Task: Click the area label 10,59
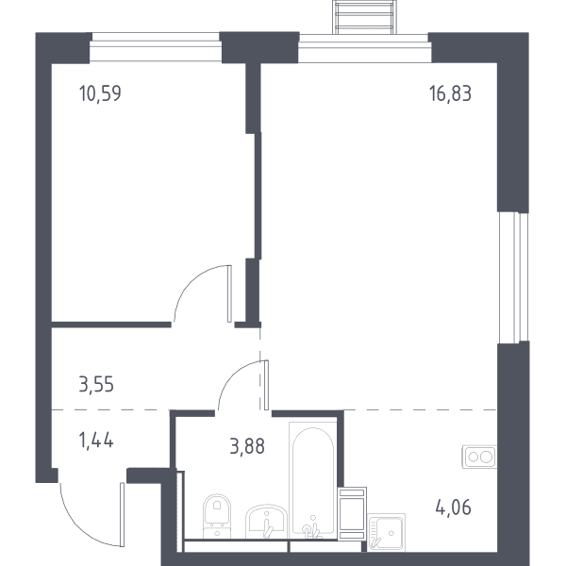point(100,93)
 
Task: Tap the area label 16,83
point(450,93)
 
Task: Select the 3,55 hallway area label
point(96,384)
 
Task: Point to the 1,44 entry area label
point(96,441)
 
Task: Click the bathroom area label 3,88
point(247,446)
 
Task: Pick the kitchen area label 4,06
point(454,508)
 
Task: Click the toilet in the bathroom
point(217,516)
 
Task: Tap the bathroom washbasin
point(266,522)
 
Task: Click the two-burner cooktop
point(479,457)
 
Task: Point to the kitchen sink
point(386,532)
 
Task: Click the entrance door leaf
point(122,514)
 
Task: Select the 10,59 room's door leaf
point(229,293)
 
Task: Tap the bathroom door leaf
point(266,385)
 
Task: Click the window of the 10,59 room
point(156,47)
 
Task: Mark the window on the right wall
point(513,276)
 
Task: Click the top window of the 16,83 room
point(364,48)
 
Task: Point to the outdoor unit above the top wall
point(364,17)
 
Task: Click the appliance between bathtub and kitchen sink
point(352,513)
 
